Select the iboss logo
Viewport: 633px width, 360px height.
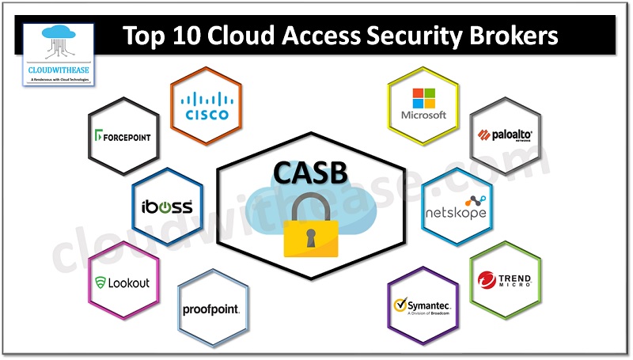[x=166, y=207]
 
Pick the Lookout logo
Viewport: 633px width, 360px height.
[x=122, y=282]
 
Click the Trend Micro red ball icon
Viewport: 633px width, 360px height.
[x=487, y=280]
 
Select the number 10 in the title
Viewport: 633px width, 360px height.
[x=203, y=36]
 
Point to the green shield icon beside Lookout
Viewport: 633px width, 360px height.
[x=100, y=282]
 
